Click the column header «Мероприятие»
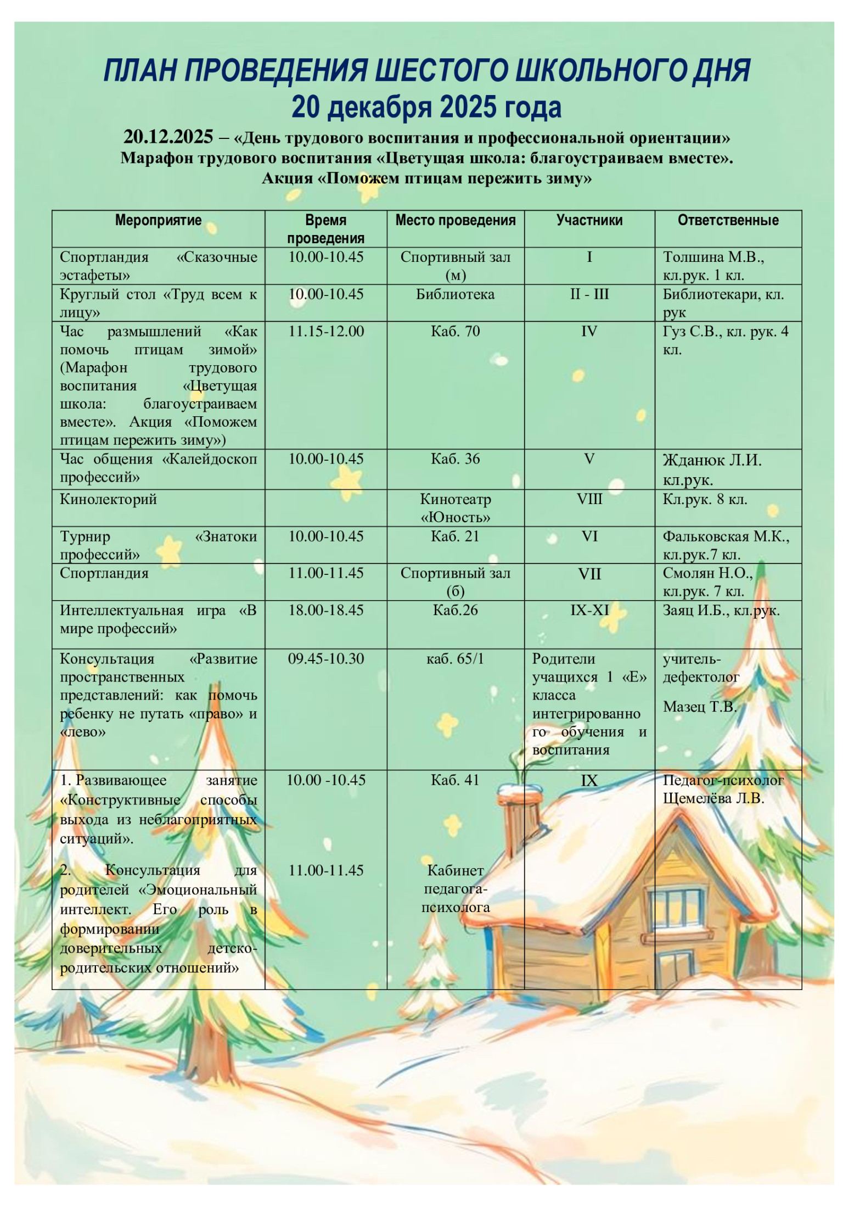[158, 220]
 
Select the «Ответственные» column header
[728, 220]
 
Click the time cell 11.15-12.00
[326, 332]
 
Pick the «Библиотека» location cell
[455, 294]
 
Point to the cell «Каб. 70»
[455, 332]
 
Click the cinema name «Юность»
[456, 518]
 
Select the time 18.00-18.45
[326, 611]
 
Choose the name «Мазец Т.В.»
[699, 707]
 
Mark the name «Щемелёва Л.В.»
[713, 798]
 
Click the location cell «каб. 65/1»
[455, 659]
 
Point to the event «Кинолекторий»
[108, 499]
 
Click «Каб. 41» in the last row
[455, 780]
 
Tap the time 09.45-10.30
[326, 659]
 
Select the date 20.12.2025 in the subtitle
[168, 137]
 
